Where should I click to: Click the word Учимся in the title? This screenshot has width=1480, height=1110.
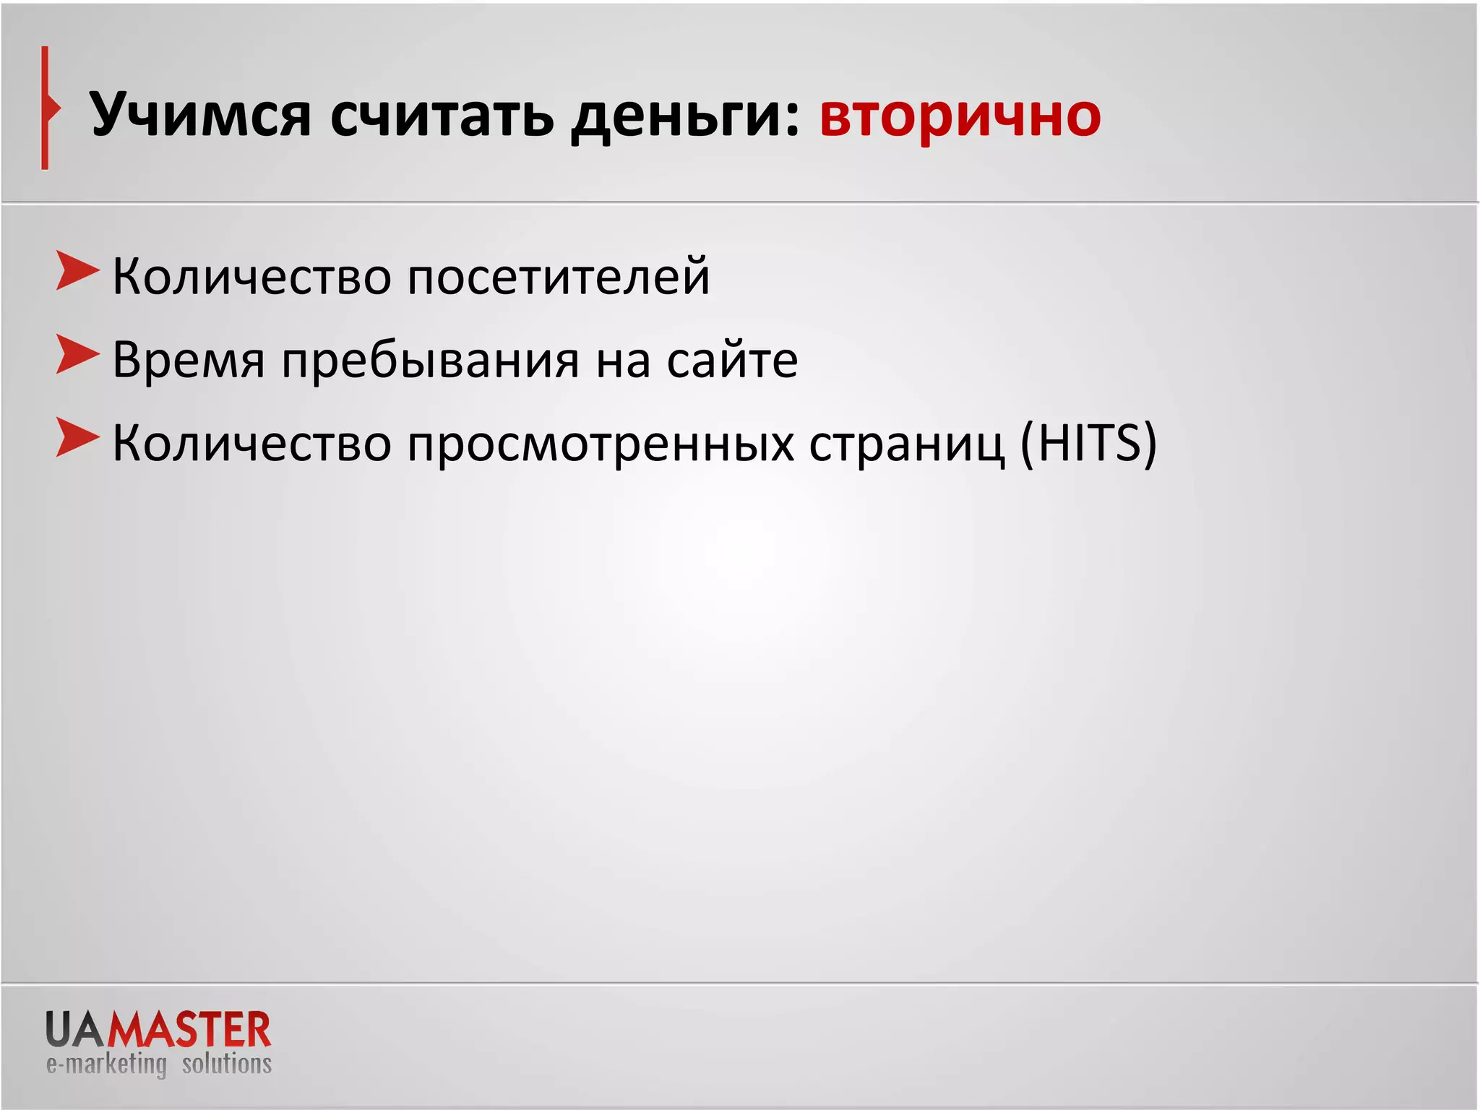pyautogui.click(x=200, y=116)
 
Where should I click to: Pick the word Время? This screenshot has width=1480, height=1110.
pyautogui.click(x=189, y=360)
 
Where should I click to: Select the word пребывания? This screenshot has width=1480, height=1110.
pyautogui.click(x=431, y=360)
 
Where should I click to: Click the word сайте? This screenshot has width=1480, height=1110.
pyautogui.click(x=732, y=360)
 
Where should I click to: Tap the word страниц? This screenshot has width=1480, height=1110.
pyautogui.click(x=906, y=443)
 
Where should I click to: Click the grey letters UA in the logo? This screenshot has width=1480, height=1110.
pyautogui.click(x=76, y=1030)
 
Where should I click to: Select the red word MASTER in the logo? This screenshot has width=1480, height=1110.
pyautogui.click(x=189, y=1030)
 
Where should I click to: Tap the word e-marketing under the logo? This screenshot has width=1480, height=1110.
pyautogui.click(x=106, y=1064)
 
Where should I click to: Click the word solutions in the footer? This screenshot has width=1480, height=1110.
pyautogui.click(x=227, y=1064)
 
